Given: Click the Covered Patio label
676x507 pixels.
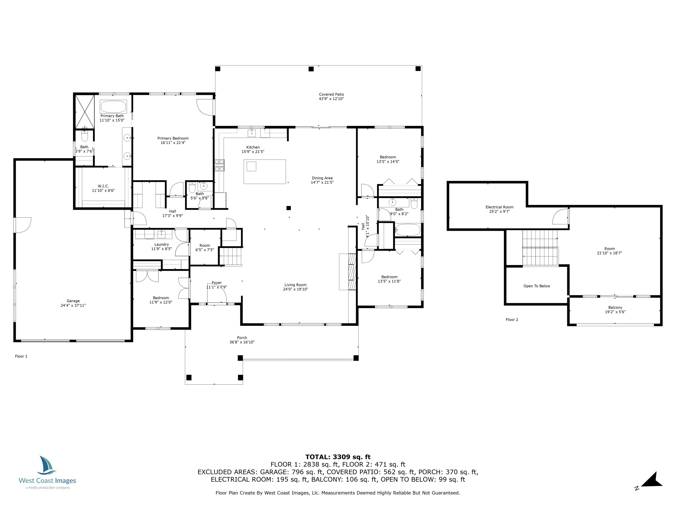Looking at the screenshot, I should click(x=331, y=94).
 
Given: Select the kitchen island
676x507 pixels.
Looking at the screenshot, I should click(x=265, y=171).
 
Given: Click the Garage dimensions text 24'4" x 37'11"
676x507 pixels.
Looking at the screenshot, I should click(x=73, y=305).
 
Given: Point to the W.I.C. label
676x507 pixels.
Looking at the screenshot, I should click(x=103, y=186).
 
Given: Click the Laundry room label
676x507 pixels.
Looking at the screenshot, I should click(x=161, y=244).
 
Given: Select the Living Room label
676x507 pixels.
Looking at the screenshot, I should click(x=295, y=285).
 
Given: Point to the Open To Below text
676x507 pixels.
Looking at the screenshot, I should click(x=537, y=286).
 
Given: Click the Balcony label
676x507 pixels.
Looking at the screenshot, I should click(x=615, y=307).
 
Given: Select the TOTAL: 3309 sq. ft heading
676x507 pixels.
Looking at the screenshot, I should click(x=338, y=457).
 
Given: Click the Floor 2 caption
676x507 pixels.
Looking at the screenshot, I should click(x=512, y=320).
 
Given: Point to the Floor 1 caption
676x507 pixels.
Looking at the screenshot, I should click(x=21, y=356).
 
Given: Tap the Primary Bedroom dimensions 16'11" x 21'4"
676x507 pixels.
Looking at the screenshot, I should click(x=173, y=143).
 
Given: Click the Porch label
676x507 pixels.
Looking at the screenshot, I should click(x=242, y=338).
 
